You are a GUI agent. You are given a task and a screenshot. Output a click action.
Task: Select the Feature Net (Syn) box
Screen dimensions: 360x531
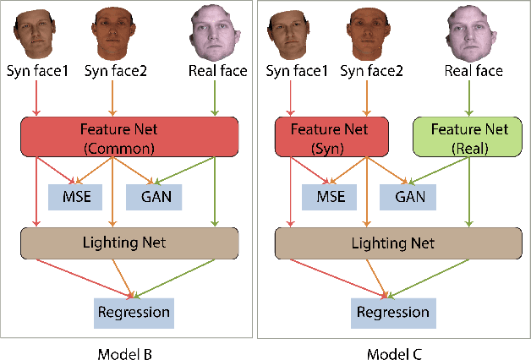331,137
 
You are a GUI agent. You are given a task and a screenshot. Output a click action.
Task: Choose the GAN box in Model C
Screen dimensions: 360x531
409,197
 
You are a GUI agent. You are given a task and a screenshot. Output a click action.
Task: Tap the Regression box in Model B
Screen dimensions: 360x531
134,313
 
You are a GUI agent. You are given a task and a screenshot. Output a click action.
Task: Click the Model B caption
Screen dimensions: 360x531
129,348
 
